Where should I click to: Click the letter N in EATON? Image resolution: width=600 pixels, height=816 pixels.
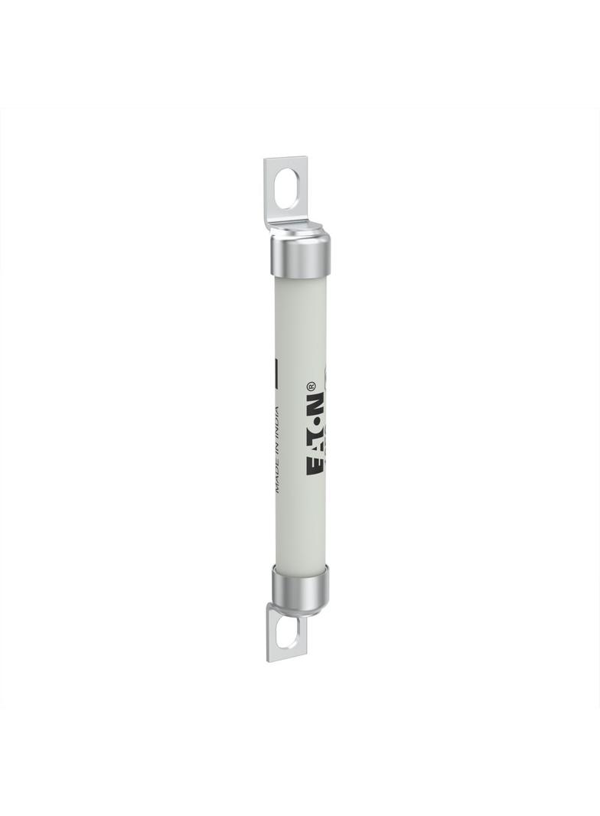316,403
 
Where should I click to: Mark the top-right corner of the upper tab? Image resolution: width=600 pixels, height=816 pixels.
306,158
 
